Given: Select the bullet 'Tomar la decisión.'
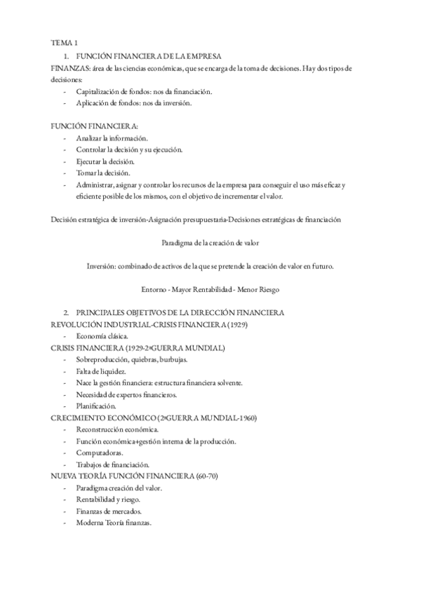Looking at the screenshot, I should tap(106, 173).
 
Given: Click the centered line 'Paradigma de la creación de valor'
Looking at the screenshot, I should tap(211, 243).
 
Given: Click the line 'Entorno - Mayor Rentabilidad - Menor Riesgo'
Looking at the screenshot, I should tap(210, 289).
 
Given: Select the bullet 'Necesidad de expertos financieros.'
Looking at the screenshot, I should tap(127, 394).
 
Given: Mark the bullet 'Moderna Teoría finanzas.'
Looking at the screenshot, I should tap(114, 522).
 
